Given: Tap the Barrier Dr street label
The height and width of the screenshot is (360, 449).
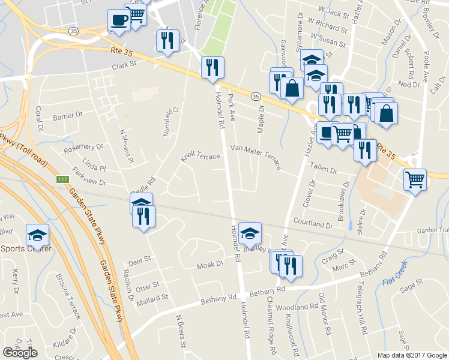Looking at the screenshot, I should [67, 116].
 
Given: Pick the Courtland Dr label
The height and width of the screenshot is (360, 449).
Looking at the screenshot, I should [313, 224].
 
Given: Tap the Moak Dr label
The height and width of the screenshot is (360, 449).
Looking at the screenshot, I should [211, 265].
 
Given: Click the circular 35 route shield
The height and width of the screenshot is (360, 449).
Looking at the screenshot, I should [256, 95].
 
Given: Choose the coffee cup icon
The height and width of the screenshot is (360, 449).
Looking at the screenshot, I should [118, 20].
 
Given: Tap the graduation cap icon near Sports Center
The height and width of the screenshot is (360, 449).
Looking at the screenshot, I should [37, 235].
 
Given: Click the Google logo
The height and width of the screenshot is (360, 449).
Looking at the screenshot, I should [20, 353].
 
